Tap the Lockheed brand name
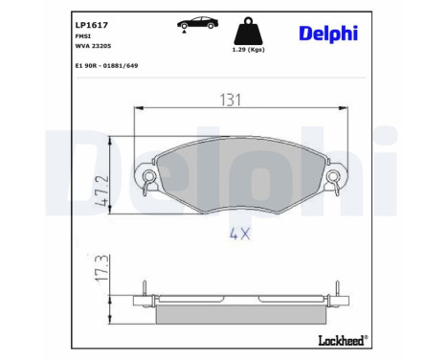click(x=339, y=339)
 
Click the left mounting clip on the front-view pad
click(x=148, y=175)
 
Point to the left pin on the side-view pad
click(x=142, y=287)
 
